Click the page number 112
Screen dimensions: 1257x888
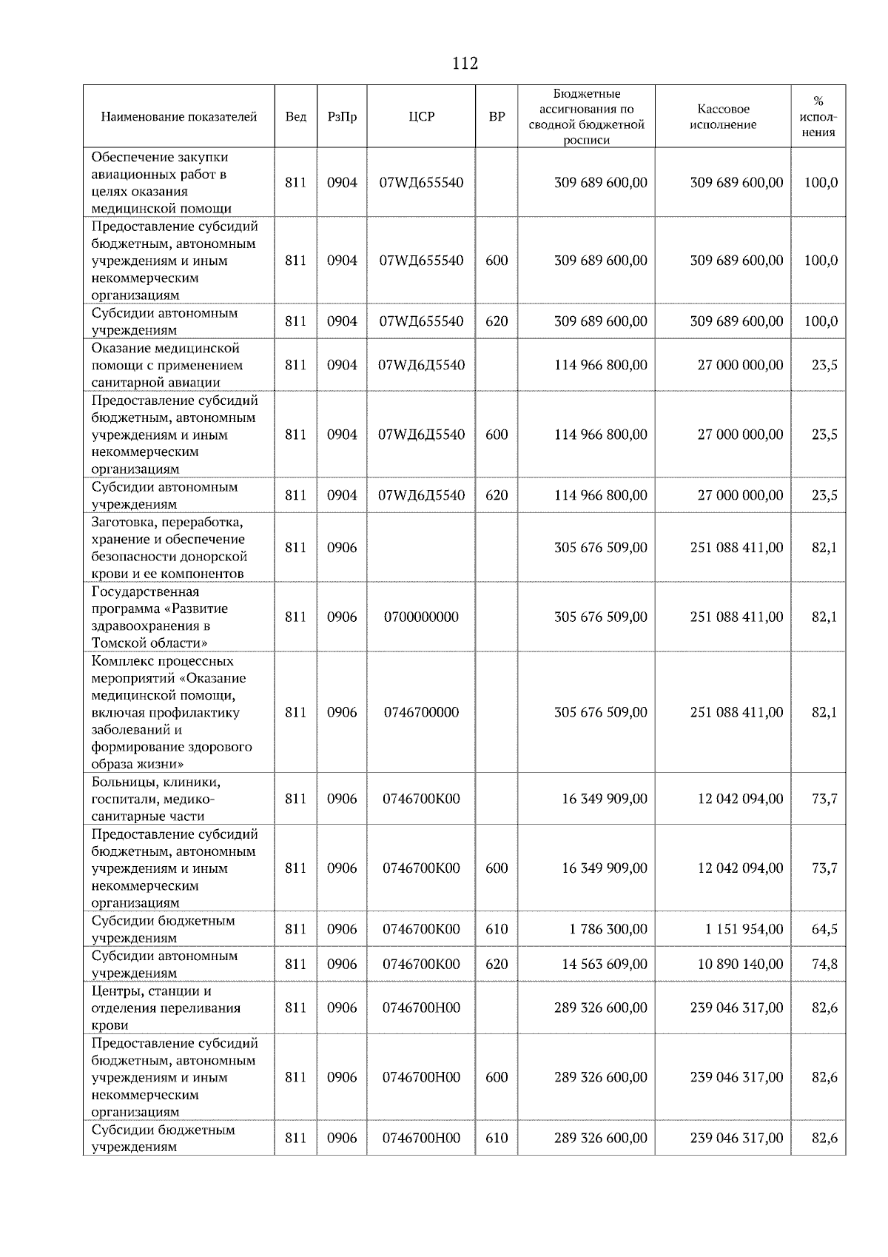pos(465,64)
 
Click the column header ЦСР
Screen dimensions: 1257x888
pos(421,117)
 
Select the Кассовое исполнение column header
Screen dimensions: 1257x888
pos(723,117)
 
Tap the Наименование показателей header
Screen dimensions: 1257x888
pos(178,117)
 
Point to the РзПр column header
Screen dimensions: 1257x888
pos(342,117)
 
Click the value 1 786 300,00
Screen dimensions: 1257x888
pos(608,929)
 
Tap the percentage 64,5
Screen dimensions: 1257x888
pos(824,929)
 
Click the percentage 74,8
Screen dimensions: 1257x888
pos(824,964)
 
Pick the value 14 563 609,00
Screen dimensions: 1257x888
pos(604,964)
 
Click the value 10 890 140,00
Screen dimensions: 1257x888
pos(740,964)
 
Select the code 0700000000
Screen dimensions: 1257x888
pos(421,617)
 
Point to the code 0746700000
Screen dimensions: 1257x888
pos(421,712)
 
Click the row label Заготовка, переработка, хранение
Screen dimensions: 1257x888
pos(169,548)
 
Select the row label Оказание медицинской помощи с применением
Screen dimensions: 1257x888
pos(166,365)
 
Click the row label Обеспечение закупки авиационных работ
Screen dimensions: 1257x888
pos(161,182)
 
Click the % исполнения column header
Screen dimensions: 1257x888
pos(818,117)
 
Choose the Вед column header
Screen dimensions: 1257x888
pos(295,117)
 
